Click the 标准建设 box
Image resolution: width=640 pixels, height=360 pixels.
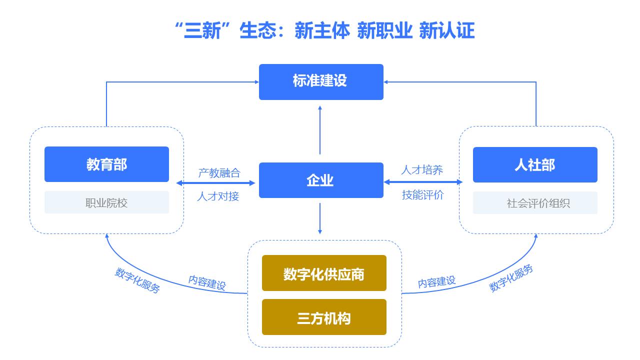(321, 82)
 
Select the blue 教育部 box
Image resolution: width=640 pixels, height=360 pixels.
(106, 164)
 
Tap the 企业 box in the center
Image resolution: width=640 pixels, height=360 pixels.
(321, 180)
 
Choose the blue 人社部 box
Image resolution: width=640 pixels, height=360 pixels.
(535, 165)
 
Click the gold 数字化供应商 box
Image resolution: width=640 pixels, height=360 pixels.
(324, 273)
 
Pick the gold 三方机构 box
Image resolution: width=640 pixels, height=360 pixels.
(324, 317)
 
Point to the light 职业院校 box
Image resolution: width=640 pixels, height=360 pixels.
(106, 202)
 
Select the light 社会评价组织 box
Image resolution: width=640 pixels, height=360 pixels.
(535, 203)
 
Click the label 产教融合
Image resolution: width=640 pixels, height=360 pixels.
(219, 173)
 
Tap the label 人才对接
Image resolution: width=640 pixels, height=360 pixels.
(218, 196)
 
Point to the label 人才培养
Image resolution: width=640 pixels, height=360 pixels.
(422, 170)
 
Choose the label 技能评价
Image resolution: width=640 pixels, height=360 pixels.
(423, 195)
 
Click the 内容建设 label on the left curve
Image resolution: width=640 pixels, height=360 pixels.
(207, 283)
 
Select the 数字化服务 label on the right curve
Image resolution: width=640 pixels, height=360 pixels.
(511, 278)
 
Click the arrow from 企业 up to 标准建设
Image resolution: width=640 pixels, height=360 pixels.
(320, 130)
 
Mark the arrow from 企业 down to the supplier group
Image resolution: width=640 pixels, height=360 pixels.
(320, 218)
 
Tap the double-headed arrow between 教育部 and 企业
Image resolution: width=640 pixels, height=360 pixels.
(215, 183)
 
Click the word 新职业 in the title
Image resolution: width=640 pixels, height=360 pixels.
(384, 30)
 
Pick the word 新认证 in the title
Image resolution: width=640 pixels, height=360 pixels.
(447, 30)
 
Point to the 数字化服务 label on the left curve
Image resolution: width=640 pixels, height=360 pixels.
(137, 280)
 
